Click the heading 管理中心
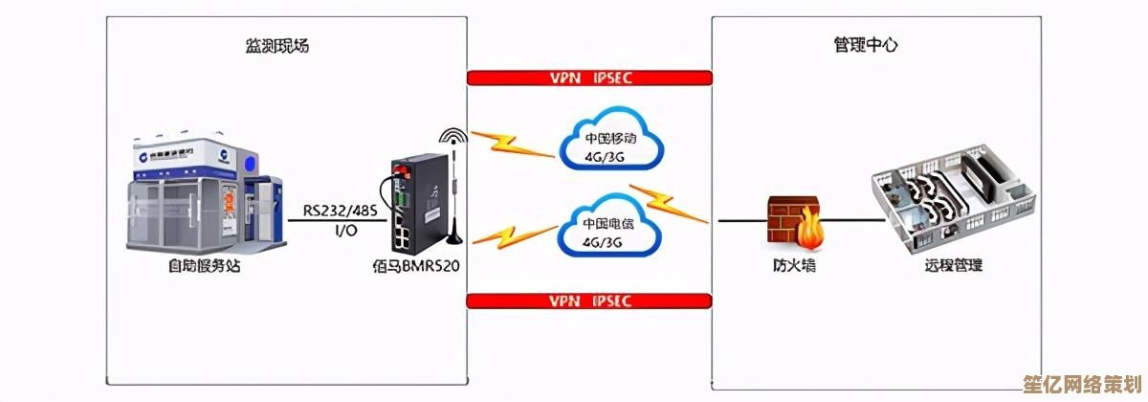864,46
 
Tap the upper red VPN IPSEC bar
589,78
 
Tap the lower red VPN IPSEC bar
589,301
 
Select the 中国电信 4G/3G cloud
609,232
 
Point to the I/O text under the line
345,231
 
